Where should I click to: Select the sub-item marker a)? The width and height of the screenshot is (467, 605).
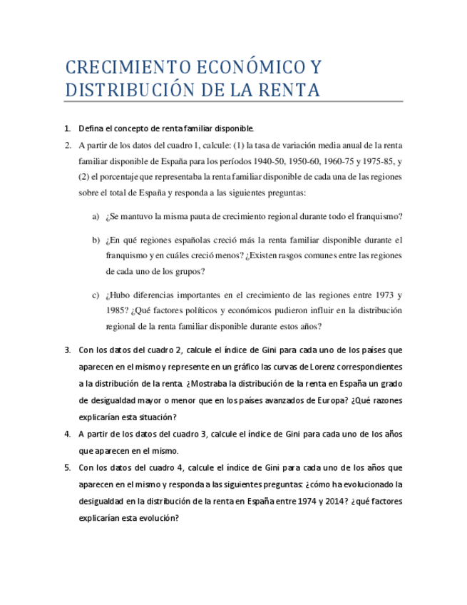[x=96, y=217]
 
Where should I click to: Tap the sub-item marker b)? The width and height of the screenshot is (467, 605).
[x=96, y=240]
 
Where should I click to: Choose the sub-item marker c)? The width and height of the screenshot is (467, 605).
[x=96, y=295]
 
